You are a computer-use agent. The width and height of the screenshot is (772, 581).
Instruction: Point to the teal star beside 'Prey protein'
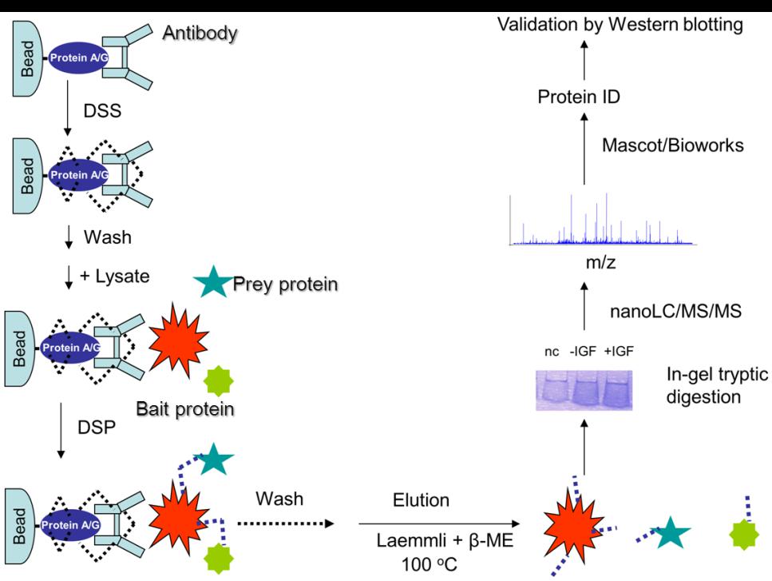tap(212, 283)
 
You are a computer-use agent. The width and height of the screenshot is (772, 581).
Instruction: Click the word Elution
tap(421, 501)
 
